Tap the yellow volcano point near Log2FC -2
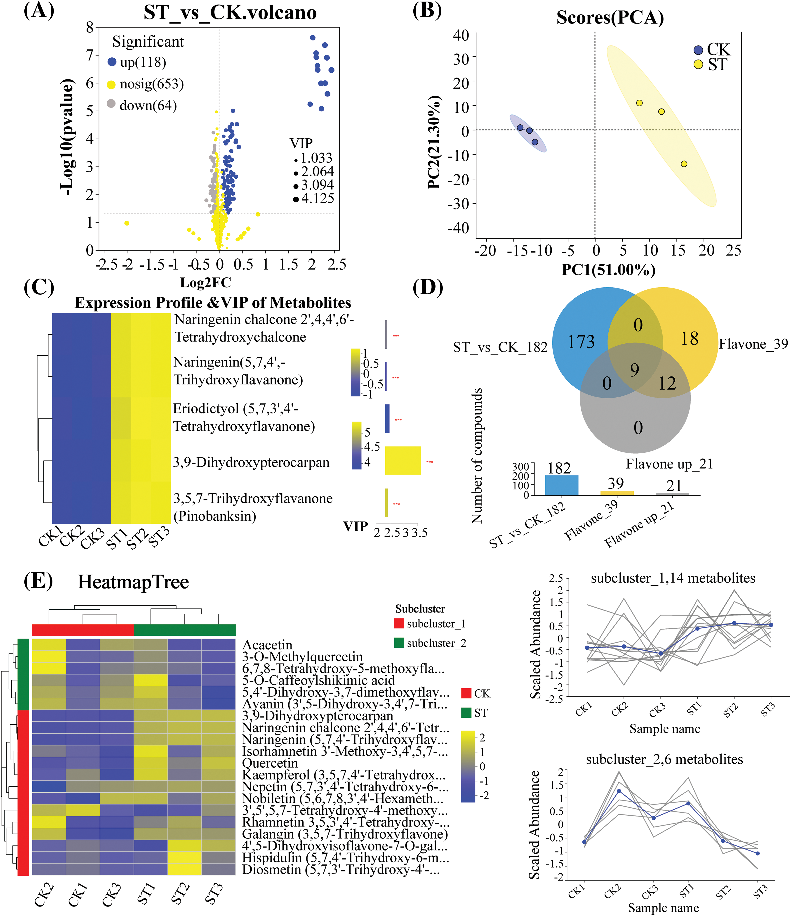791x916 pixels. click(x=127, y=223)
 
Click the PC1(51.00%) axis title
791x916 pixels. click(x=608, y=269)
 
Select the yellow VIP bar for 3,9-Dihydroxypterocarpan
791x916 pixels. click(x=403, y=461)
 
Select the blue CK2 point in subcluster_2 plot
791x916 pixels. click(x=619, y=791)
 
